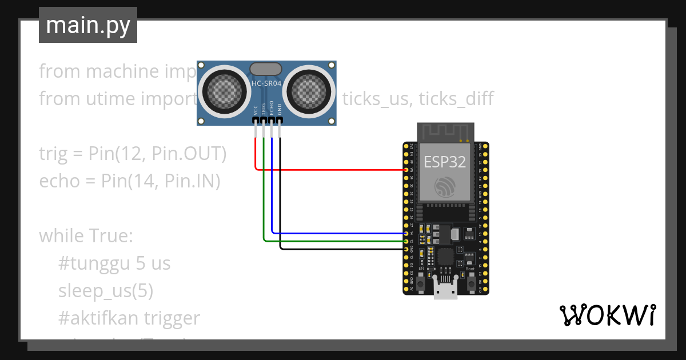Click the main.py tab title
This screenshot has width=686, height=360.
(x=88, y=25)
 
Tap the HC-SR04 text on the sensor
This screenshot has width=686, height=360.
(x=266, y=83)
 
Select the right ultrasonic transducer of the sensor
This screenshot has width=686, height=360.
(x=311, y=90)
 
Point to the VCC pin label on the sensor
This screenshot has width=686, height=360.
(x=256, y=109)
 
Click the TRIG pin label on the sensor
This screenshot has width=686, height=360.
(x=264, y=108)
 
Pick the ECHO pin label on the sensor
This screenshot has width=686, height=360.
(x=272, y=108)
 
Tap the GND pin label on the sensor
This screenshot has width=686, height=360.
(x=280, y=109)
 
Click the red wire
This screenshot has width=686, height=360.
(x=332, y=170)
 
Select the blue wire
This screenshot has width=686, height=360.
(x=337, y=233)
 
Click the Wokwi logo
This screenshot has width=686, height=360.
(x=607, y=315)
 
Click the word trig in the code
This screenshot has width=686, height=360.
(x=53, y=154)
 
